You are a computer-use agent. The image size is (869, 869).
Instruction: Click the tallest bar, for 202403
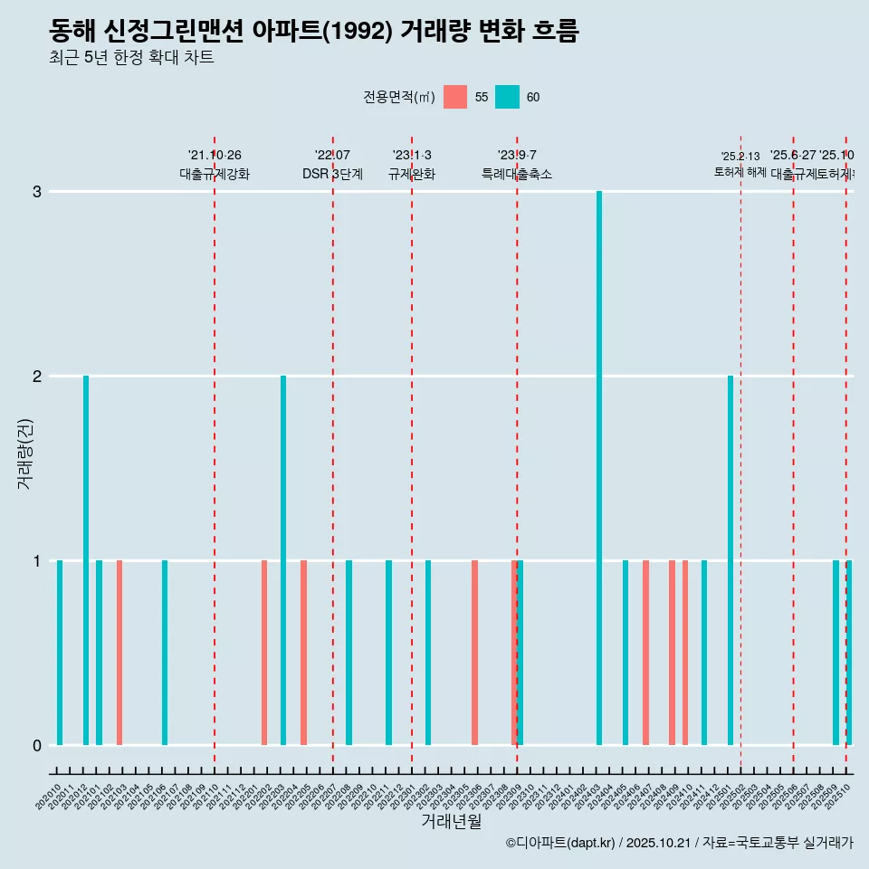[x=599, y=468]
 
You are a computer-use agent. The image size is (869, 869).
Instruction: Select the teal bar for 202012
[x=86, y=560]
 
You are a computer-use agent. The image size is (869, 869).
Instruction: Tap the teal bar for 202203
[x=283, y=560]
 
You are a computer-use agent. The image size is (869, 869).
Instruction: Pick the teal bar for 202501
[x=731, y=560]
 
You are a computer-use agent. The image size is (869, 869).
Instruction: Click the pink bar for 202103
[x=119, y=653]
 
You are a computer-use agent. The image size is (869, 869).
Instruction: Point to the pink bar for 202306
[x=474, y=653]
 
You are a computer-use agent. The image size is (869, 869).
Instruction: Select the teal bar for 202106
[x=165, y=653]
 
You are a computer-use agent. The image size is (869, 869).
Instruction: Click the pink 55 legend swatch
[x=455, y=97]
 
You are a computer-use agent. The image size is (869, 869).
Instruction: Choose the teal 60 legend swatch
[x=508, y=97]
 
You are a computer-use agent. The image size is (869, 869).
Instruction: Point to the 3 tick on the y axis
[x=37, y=192]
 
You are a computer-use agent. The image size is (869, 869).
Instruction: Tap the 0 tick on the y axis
[x=37, y=745]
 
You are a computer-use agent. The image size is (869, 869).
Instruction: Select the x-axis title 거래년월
[x=451, y=821]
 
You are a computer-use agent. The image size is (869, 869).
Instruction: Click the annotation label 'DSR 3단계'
[x=332, y=174]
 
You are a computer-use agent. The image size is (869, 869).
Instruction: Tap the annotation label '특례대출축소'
[x=517, y=174]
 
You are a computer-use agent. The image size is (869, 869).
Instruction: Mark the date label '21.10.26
[x=215, y=156]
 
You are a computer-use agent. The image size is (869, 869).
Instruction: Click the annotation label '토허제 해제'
[x=740, y=172]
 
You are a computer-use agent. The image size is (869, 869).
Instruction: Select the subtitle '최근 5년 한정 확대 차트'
[x=131, y=59]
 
